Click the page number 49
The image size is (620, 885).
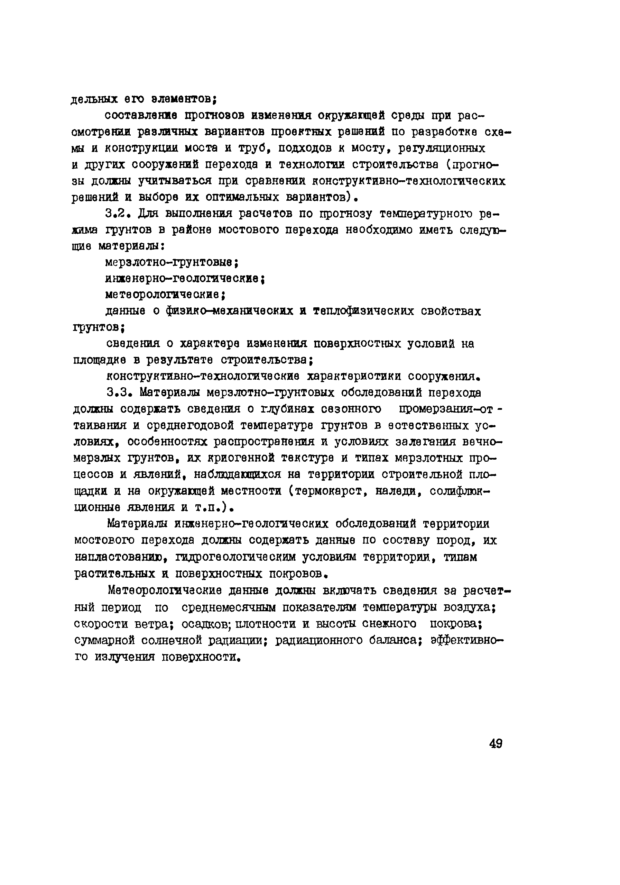point(496,743)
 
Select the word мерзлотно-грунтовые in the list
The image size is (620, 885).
point(172,262)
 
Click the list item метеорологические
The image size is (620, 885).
point(165,295)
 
